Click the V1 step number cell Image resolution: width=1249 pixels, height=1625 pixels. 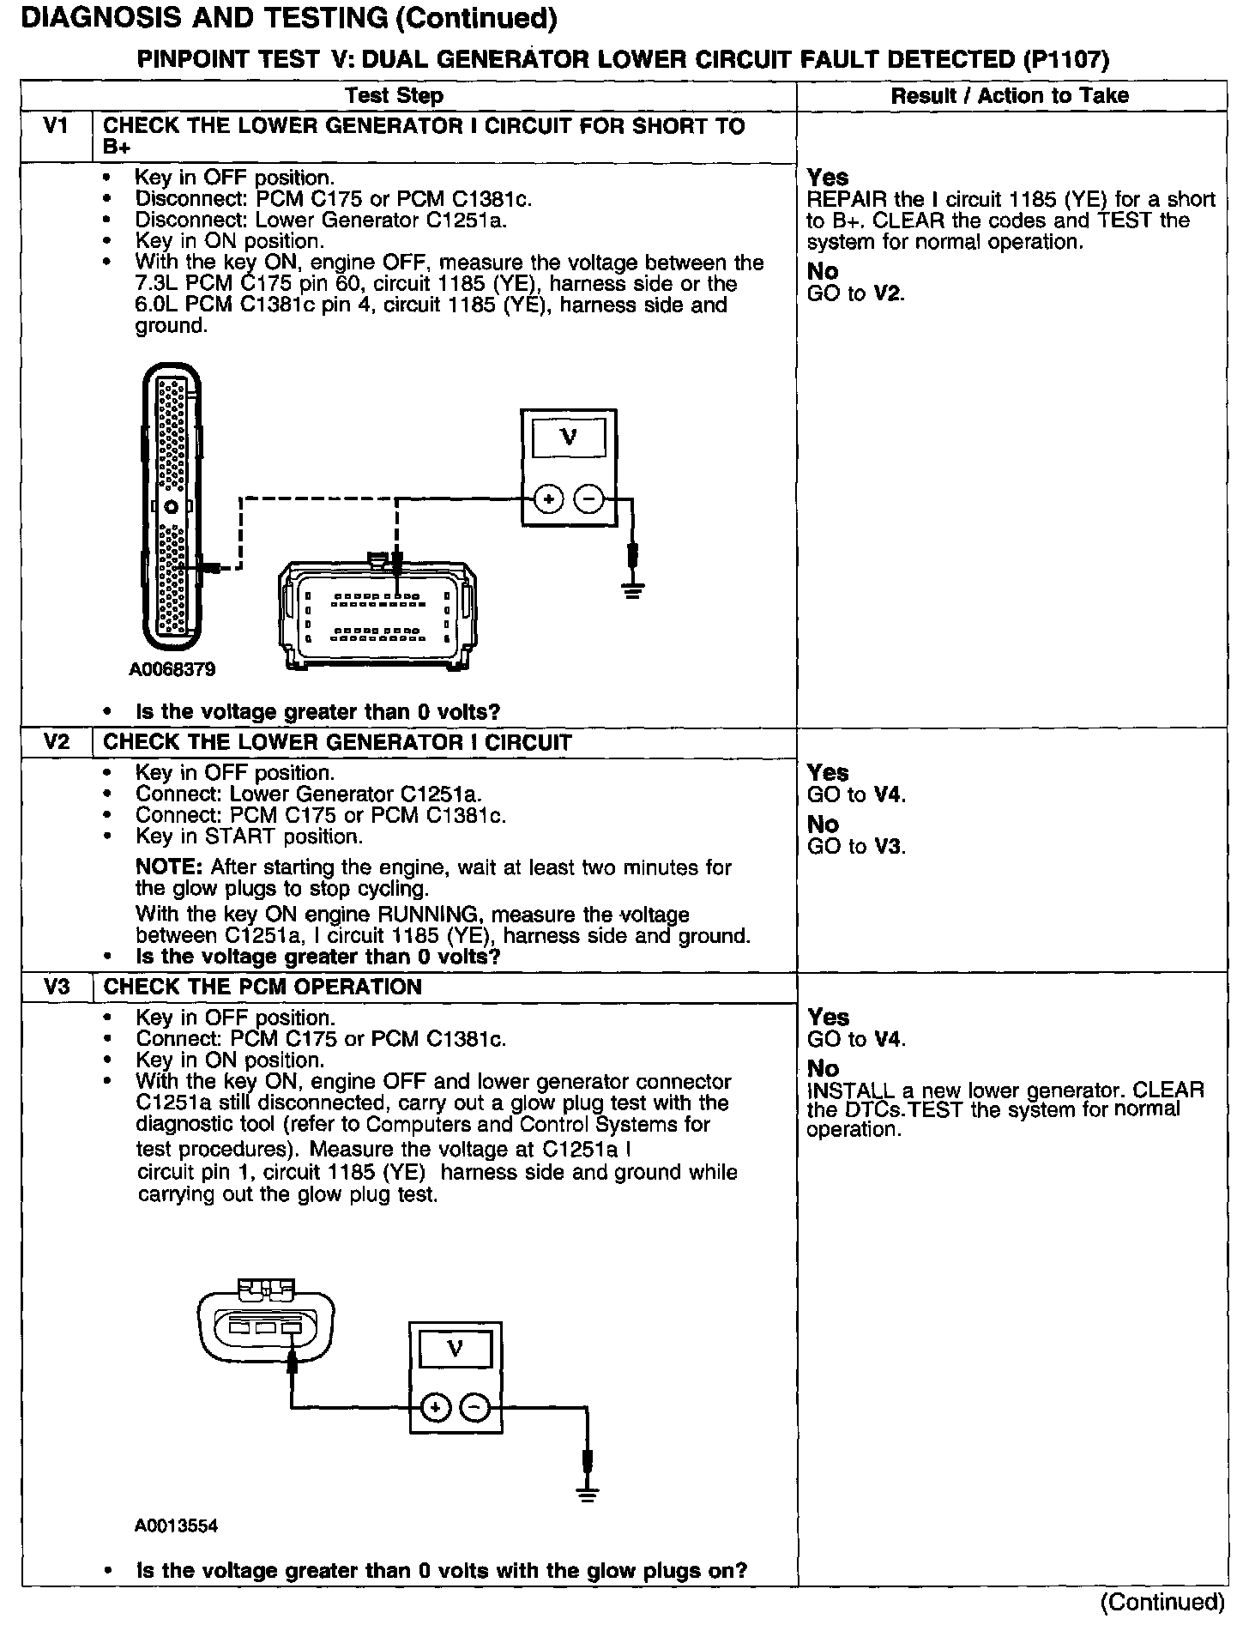coord(56,127)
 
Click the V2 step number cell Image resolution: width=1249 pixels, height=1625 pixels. coord(56,741)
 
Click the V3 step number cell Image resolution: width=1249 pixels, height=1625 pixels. coord(56,986)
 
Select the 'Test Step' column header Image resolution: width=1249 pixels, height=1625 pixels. coord(395,95)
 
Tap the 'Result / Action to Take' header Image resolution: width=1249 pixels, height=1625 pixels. coord(1010,95)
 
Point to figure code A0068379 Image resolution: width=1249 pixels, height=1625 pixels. coord(172,668)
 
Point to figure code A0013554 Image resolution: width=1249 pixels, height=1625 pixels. coord(176,1526)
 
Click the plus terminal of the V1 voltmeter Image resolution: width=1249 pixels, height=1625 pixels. coord(549,498)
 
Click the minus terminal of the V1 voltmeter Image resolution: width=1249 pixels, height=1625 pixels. coord(588,498)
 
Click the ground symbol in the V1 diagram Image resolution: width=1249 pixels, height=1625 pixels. coord(633,590)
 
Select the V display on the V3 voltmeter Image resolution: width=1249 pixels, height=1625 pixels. coord(455,1350)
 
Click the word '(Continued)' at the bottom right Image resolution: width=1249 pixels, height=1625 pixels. coord(1162,1602)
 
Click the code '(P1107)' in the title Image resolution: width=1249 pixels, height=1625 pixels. coord(1065,59)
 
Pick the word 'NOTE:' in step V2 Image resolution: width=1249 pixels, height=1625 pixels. coord(169,867)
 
